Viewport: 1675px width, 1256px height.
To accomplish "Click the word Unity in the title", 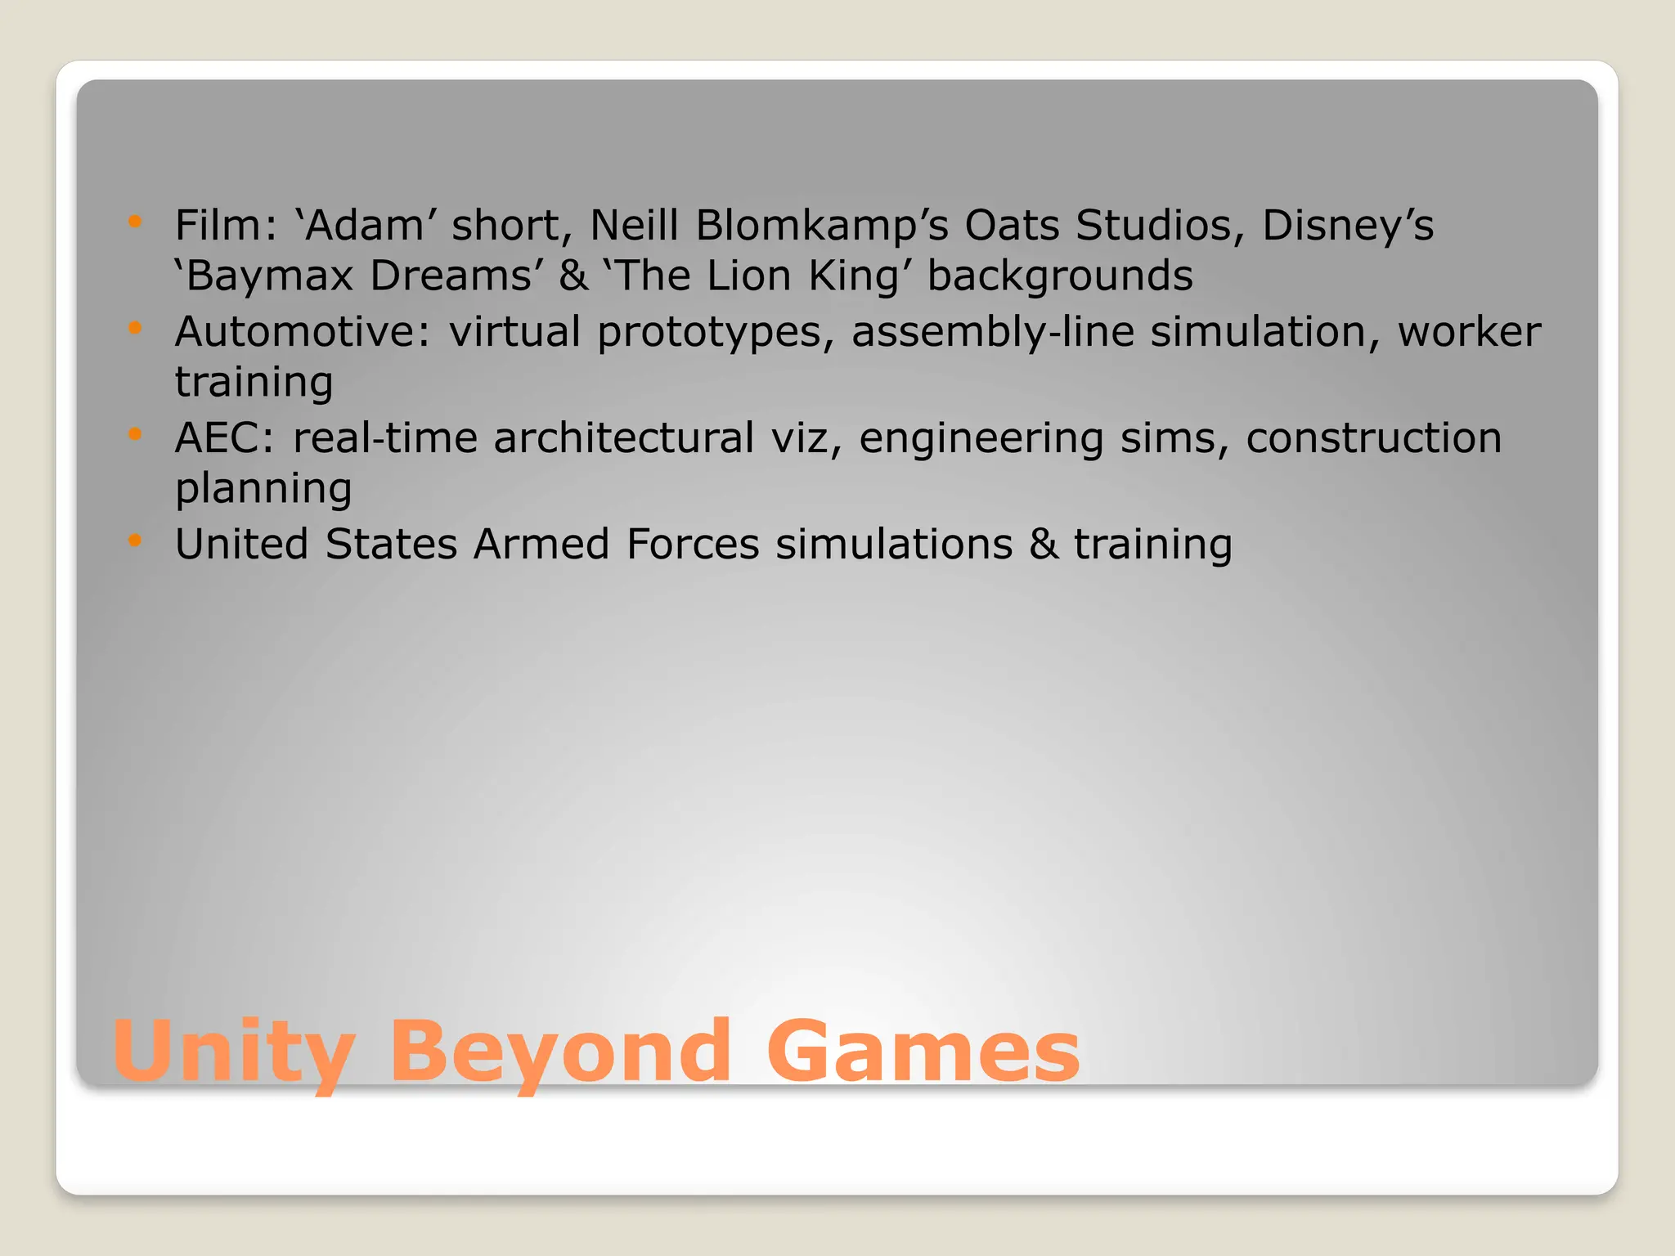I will pyautogui.click(x=234, y=1052).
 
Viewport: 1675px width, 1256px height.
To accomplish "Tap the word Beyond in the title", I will pyautogui.click(x=559, y=1052).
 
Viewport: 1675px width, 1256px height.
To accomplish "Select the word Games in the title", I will pyautogui.click(x=923, y=1052).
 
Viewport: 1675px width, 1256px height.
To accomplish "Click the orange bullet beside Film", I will pyautogui.click(x=136, y=222).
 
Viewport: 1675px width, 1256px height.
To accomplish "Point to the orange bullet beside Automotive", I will pyautogui.click(x=136, y=328).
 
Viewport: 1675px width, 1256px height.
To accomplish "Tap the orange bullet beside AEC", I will pyautogui.click(x=136, y=434).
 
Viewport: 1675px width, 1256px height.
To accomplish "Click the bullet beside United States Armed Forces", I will pyautogui.click(x=136, y=541).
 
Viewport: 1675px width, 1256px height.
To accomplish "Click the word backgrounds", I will pyautogui.click(x=1060, y=276).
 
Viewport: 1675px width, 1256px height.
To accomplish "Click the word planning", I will pyautogui.click(x=263, y=489).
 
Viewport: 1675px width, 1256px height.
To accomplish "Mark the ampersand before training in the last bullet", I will pyautogui.click(x=1043, y=544).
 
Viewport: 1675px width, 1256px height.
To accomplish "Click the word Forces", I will pyautogui.click(x=693, y=544).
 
